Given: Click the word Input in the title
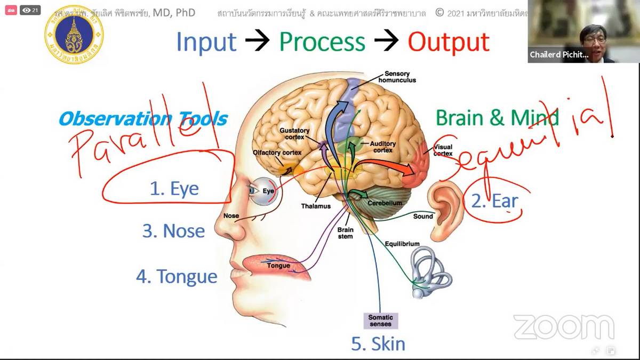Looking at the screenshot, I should [x=206, y=42].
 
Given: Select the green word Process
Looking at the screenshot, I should [x=323, y=42].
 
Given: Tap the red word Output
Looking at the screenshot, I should [x=449, y=42].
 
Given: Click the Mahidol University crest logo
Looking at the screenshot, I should [x=74, y=34].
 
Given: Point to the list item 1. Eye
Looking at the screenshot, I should [x=174, y=188].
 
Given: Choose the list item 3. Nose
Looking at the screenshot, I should [x=173, y=231].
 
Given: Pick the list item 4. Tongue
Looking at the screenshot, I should [x=177, y=277].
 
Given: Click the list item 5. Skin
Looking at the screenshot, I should [x=378, y=344].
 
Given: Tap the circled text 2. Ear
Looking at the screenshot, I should [x=494, y=201].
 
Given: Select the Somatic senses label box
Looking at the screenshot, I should [x=380, y=321].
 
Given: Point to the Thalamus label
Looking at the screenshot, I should [x=316, y=206].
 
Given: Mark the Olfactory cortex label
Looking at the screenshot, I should [x=277, y=153].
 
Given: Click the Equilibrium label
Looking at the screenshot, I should [x=402, y=244].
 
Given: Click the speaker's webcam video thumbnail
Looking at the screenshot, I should [x=583, y=31].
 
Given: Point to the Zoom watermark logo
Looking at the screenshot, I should [x=563, y=326].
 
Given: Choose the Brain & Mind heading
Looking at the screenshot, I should [x=496, y=117].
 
